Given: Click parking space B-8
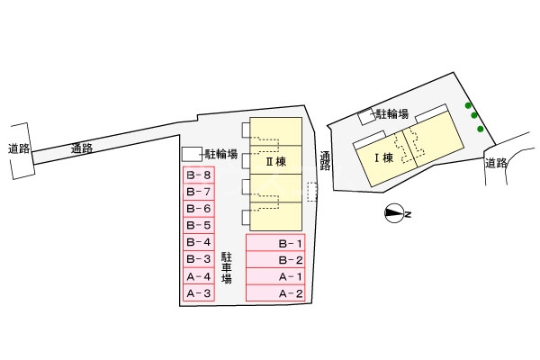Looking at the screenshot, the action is (x=199, y=175).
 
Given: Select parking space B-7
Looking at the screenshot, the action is (x=199, y=192).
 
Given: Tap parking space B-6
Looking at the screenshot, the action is (x=199, y=209).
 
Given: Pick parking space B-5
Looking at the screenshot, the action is (x=199, y=225).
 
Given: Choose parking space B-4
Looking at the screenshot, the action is (x=199, y=242).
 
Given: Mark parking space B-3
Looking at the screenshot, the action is (x=199, y=259).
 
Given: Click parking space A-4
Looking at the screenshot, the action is (x=199, y=276).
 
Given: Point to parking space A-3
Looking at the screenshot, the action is (x=199, y=293).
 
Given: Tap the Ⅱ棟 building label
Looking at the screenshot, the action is (x=274, y=162).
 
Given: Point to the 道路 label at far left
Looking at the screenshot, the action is (x=19, y=148).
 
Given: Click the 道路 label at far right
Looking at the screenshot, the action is (x=495, y=163).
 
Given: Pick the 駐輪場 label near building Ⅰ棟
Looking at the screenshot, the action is (x=392, y=114).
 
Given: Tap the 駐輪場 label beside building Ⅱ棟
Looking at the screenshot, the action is (x=220, y=154).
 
